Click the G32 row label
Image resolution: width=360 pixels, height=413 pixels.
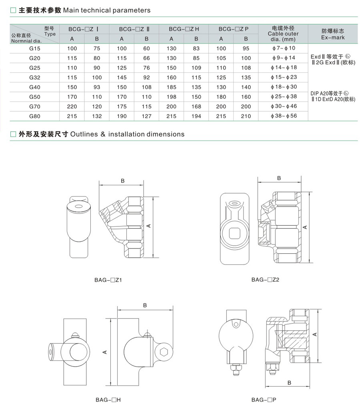(34, 78)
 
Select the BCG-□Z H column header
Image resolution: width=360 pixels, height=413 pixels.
(184, 29)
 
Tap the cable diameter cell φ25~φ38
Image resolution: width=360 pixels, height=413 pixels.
(284, 97)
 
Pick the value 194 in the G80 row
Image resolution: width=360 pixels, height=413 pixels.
(196, 116)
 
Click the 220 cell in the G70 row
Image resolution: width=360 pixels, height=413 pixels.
(72, 106)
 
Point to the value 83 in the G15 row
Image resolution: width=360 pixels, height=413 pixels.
(196, 48)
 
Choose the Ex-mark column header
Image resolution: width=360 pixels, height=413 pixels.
(333, 34)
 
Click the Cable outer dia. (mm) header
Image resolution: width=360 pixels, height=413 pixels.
(283, 34)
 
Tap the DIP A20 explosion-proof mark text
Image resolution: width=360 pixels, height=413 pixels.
(333, 96)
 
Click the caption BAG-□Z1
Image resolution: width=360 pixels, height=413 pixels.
(108, 280)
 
